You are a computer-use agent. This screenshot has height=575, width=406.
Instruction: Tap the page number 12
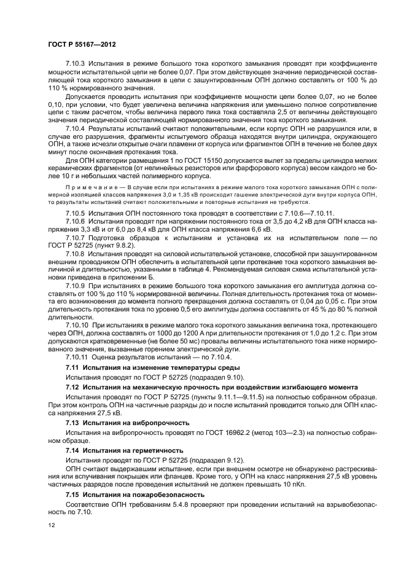coord(52,525)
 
